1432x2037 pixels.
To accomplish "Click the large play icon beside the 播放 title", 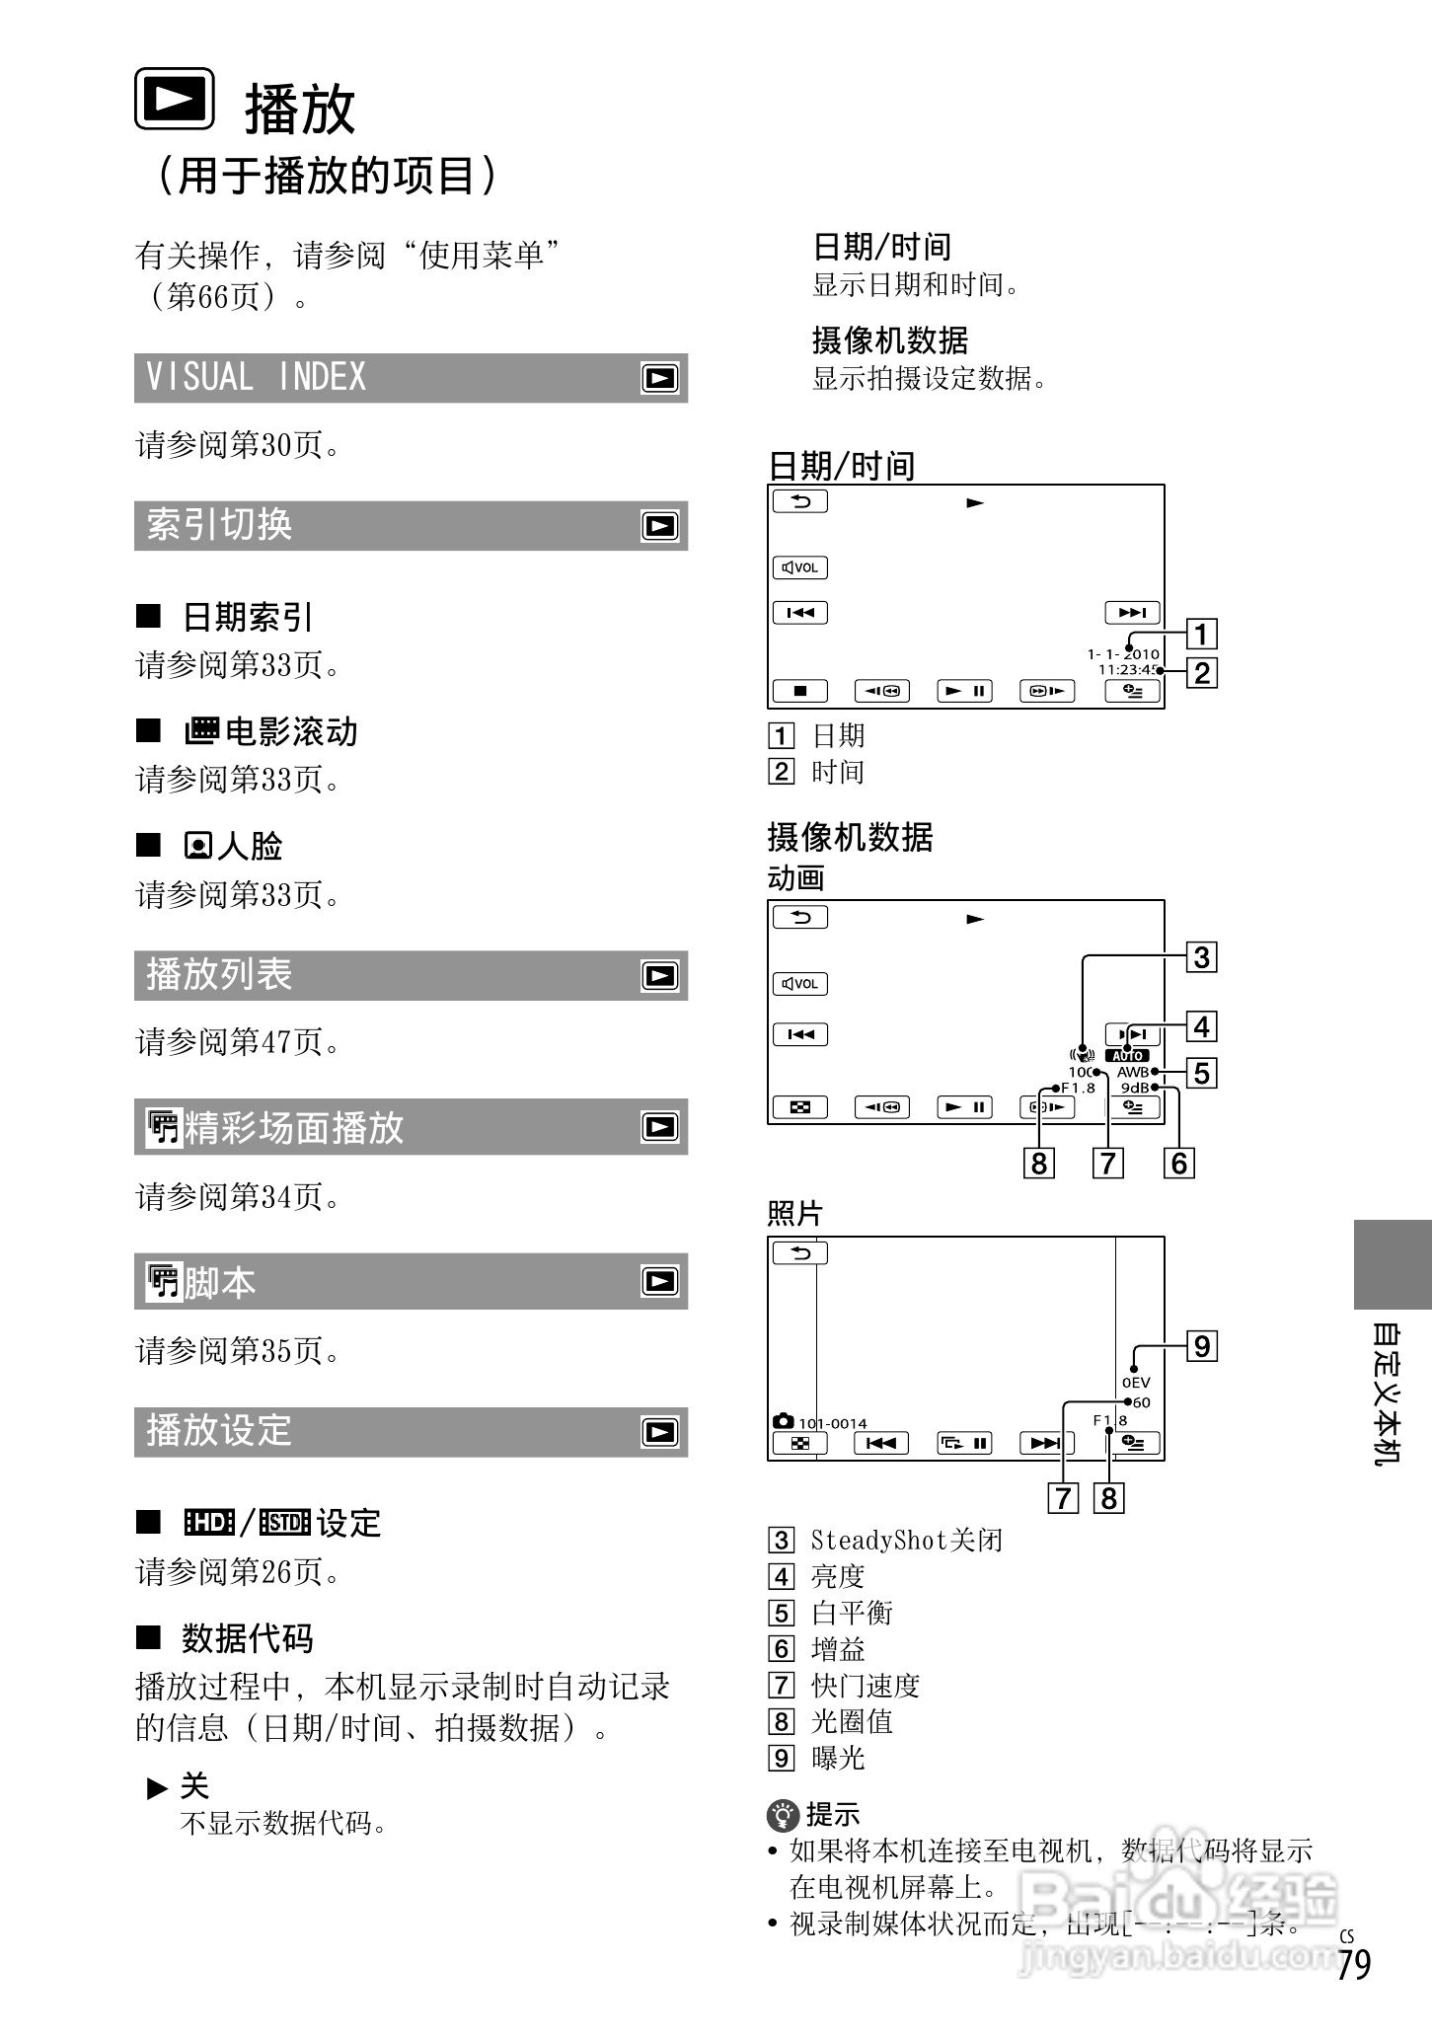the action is click(x=175, y=99).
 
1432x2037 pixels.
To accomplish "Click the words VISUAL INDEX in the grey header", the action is click(x=256, y=377).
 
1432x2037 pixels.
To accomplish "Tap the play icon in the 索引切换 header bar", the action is click(x=659, y=526).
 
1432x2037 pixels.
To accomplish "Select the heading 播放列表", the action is click(x=219, y=975).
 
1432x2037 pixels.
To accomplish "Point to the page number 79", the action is click(x=1355, y=1964).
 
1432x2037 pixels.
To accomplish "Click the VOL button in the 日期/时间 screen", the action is click(x=800, y=567).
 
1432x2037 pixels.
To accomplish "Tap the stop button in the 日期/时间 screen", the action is click(x=800, y=691).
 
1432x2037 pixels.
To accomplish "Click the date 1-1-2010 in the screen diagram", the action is click(x=1123, y=654).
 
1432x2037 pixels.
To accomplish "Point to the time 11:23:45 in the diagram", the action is click(x=1128, y=670).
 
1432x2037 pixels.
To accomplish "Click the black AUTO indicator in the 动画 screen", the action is click(x=1127, y=1055).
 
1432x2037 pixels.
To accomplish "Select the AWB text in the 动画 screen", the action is click(x=1132, y=1072).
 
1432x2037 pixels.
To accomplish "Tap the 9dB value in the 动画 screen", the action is click(x=1135, y=1088).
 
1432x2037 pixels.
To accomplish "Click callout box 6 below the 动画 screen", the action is click(x=1179, y=1164).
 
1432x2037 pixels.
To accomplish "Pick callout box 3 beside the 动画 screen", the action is click(x=1201, y=957).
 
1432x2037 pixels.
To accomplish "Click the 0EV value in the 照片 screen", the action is click(x=1136, y=1383).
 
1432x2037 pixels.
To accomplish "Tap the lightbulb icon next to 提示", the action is click(x=783, y=1814).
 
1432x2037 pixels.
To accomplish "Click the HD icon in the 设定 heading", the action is click(x=209, y=1523).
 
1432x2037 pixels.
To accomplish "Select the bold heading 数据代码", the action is click(x=248, y=1638).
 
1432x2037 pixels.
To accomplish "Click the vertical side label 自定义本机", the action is click(x=1386, y=1393).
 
